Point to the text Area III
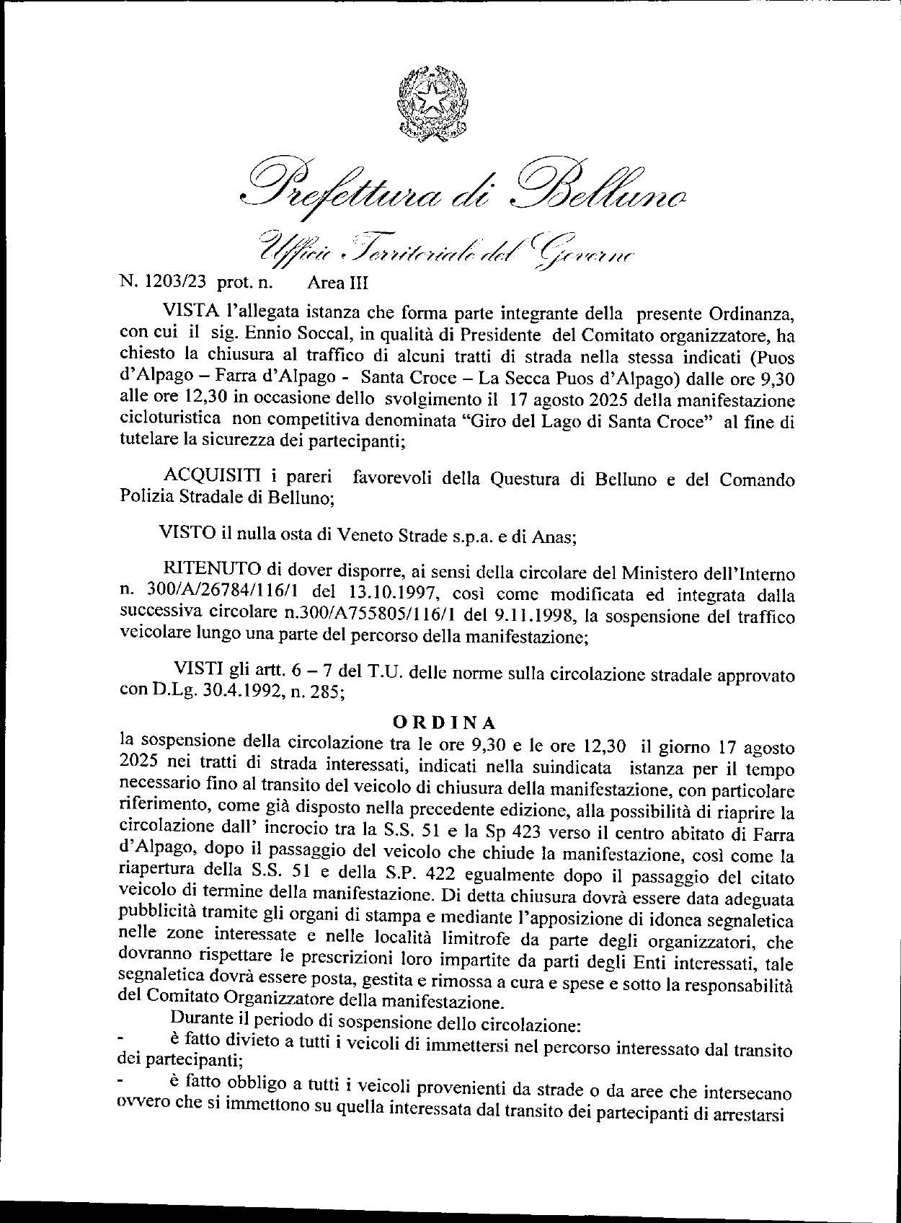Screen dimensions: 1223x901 tap(337, 283)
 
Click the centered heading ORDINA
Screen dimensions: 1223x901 tap(443, 722)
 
